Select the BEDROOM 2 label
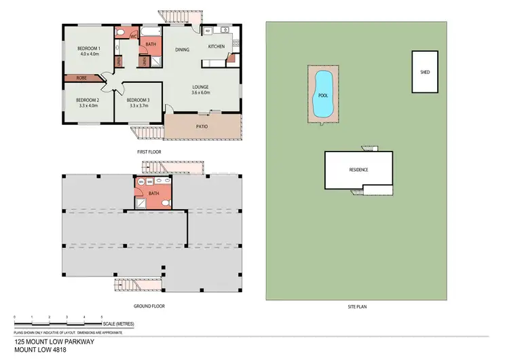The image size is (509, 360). click(x=87, y=101)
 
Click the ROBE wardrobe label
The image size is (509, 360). click(x=81, y=78)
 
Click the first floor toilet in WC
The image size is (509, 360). click(x=119, y=32)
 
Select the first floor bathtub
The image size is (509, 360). click(x=150, y=32)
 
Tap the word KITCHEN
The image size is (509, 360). click(x=216, y=46)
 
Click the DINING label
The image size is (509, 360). click(x=183, y=50)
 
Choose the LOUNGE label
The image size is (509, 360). click(x=200, y=86)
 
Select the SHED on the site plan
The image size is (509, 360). click(x=425, y=72)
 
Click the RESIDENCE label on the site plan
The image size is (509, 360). click(x=358, y=169)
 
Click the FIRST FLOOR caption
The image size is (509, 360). click(x=150, y=151)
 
